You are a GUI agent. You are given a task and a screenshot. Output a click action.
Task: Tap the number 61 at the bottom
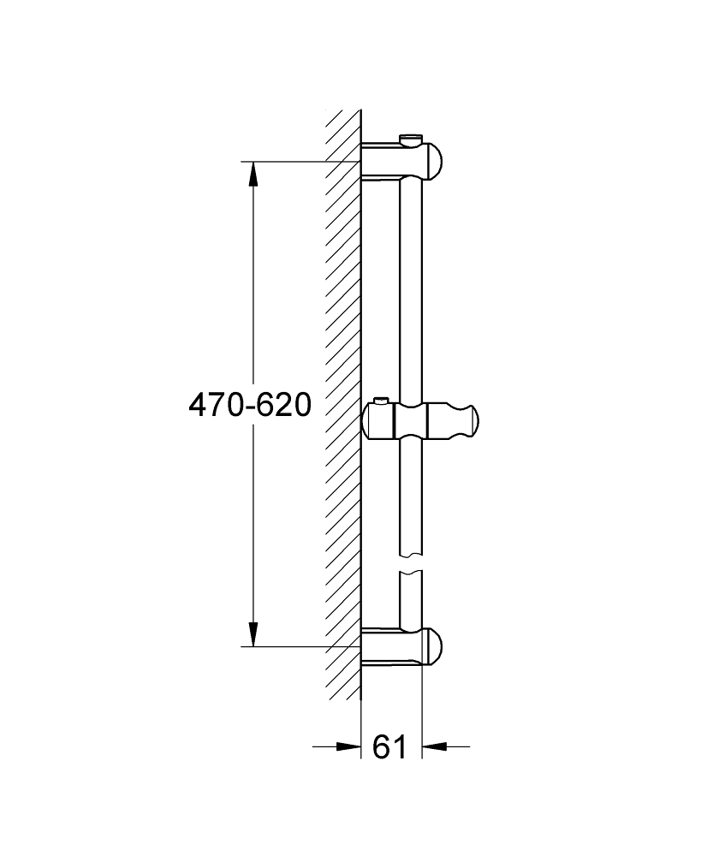pyautogui.click(x=389, y=746)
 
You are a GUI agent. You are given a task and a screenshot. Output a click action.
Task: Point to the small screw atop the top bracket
pyautogui.click(x=411, y=138)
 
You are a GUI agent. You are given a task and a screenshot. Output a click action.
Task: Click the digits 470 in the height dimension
pyautogui.click(x=216, y=404)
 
